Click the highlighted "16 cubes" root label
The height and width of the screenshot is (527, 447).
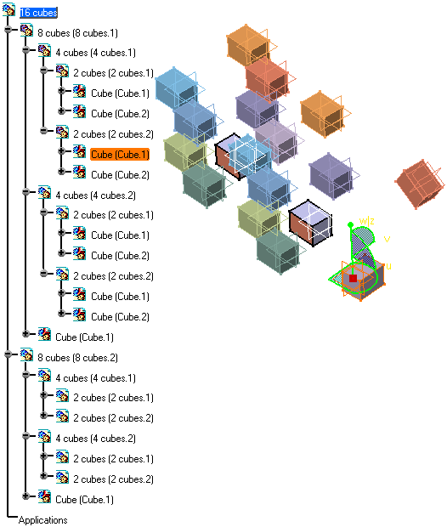38,13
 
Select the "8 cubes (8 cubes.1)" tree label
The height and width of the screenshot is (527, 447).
77,33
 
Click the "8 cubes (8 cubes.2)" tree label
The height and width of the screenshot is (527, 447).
77,358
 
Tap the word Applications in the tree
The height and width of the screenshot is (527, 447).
42,520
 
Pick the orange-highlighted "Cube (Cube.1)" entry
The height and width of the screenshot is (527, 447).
120,155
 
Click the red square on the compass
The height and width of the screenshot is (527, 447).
353,278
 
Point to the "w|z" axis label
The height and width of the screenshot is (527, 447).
366,221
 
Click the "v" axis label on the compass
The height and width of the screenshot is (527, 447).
387,239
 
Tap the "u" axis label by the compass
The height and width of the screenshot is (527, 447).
388,266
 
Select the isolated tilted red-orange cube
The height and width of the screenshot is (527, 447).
420,184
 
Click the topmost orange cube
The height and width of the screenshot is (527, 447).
249,45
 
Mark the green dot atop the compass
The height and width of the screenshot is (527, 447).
350,224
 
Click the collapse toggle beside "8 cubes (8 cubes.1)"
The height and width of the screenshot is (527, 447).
8,30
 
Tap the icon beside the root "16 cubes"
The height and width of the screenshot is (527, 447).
9,9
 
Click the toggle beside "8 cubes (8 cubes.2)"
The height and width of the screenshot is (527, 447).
8,354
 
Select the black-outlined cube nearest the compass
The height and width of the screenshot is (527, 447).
310,223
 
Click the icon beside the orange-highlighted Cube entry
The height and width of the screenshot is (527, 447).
79,151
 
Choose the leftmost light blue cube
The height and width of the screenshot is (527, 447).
176,88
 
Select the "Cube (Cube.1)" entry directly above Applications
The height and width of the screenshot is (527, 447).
84,500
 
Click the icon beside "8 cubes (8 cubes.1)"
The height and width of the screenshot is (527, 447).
26,30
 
